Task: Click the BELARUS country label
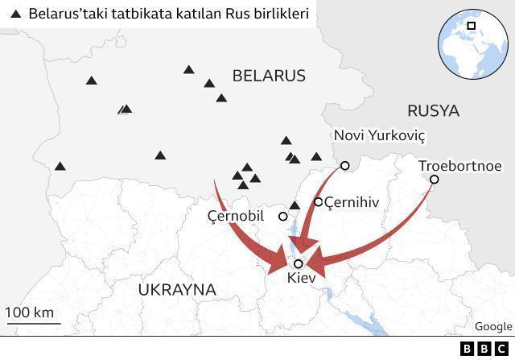click(x=269, y=76)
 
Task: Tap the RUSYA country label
click(x=433, y=110)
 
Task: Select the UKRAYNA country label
click(x=177, y=289)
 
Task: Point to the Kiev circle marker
click(x=299, y=263)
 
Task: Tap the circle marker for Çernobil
click(x=283, y=216)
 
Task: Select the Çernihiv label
click(x=352, y=202)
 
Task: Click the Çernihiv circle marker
click(x=319, y=202)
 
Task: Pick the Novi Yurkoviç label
click(x=378, y=135)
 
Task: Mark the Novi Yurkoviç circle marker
click(x=344, y=165)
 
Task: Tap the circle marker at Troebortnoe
click(x=434, y=180)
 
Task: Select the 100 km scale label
click(x=30, y=312)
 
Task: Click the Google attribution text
click(x=492, y=326)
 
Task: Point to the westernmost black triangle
click(x=60, y=167)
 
